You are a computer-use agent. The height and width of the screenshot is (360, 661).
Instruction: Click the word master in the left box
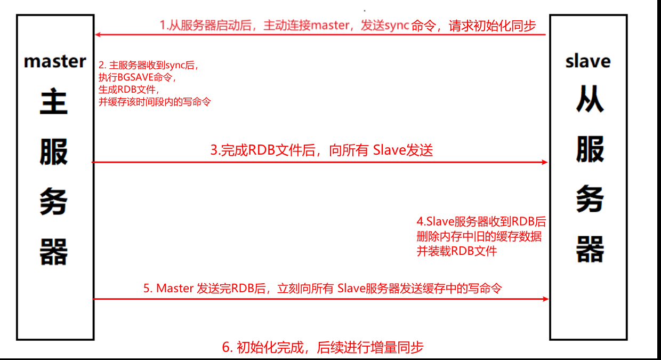55,61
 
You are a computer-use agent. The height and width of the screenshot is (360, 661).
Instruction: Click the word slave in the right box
588,61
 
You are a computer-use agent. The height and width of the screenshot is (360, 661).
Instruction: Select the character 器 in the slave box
590,249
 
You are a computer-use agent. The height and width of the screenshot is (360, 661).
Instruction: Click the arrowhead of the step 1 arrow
98,35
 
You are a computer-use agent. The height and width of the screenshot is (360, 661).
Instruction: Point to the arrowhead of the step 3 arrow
545,162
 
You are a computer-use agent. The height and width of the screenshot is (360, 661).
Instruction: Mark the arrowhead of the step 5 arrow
545,299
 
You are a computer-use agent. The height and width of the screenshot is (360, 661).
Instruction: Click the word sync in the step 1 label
397,26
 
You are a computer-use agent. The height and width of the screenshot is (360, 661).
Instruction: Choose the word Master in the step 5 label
175,289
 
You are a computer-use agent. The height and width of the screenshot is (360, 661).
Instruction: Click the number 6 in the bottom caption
225,348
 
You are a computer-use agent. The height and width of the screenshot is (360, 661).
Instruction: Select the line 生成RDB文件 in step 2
124,90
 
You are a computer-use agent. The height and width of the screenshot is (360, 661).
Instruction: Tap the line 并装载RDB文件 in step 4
456,251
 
